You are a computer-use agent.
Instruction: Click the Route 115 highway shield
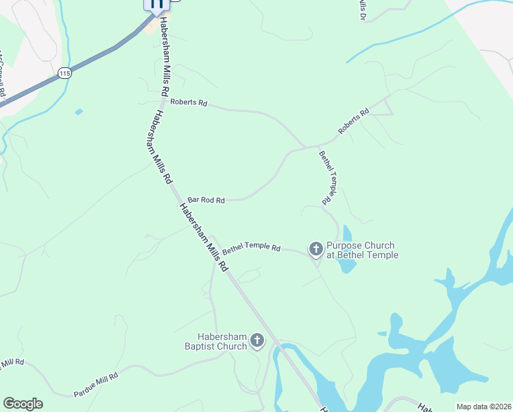64,73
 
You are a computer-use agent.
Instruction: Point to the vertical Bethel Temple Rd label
326,177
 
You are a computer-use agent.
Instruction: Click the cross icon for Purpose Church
316,249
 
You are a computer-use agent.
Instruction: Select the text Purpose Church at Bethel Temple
361,251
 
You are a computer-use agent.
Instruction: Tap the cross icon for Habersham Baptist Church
257,340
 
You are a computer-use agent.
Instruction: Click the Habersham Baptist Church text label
222,341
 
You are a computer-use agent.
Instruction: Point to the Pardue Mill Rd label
96,385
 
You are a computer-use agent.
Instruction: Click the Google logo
23,404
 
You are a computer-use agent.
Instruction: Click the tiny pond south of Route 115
79,111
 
